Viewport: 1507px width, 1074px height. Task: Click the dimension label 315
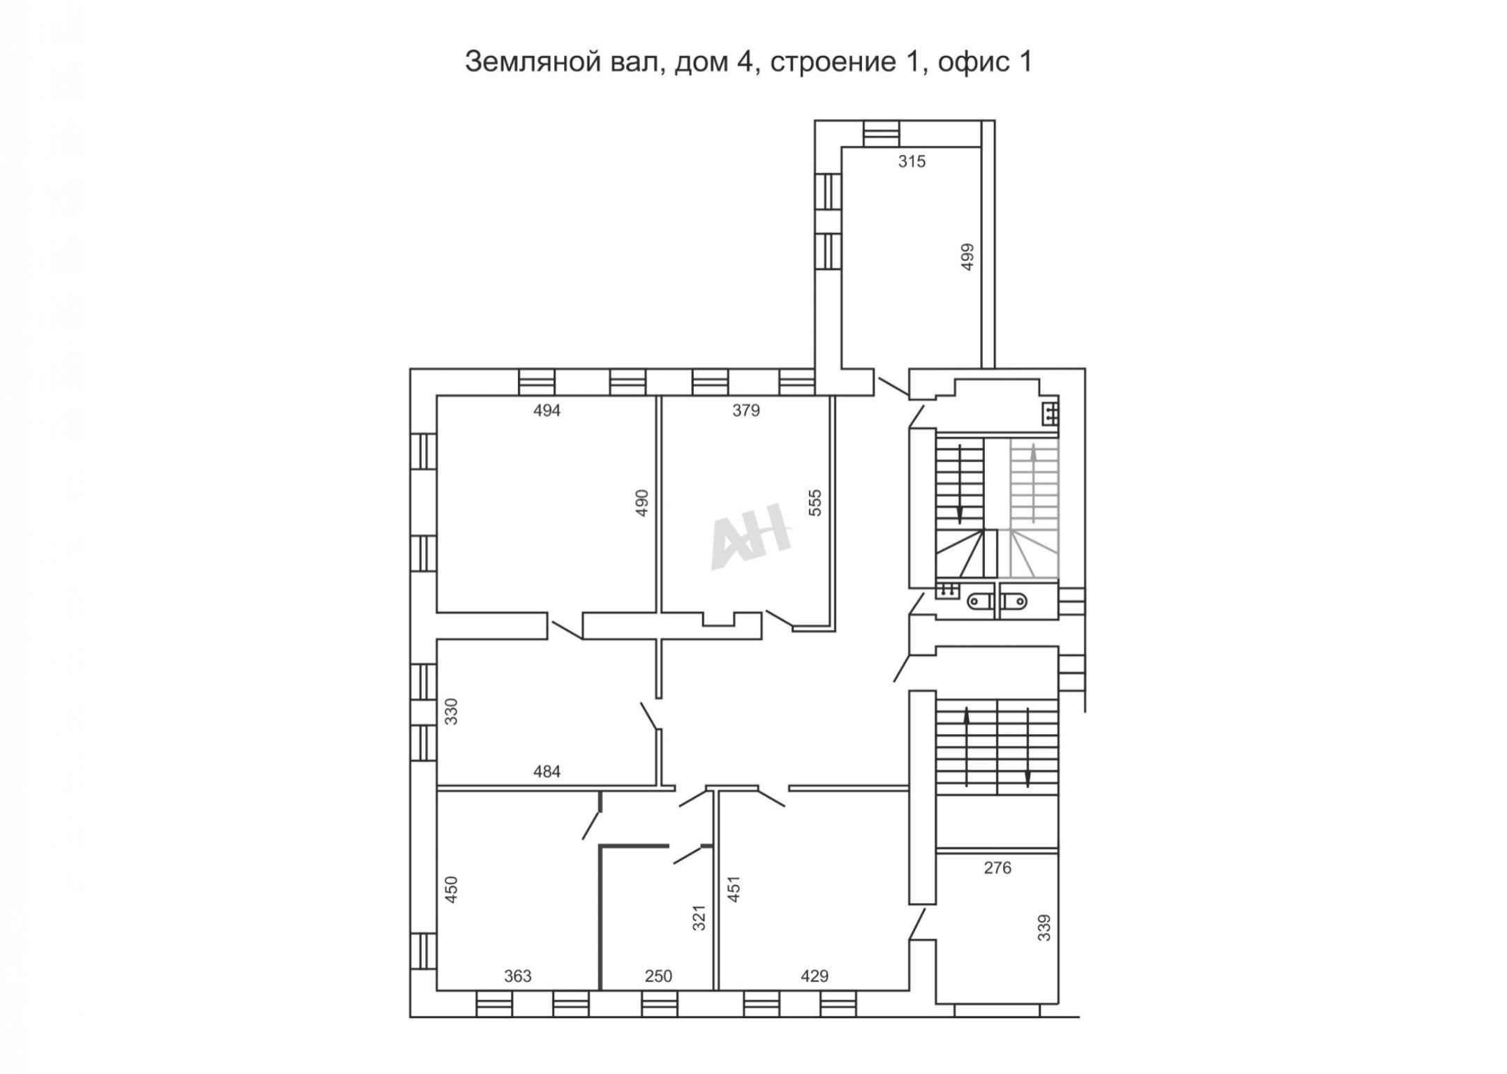coord(912,162)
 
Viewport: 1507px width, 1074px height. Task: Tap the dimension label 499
coord(967,257)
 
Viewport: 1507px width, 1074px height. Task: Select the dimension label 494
coord(547,411)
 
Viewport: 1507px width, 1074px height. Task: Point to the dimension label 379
coord(745,411)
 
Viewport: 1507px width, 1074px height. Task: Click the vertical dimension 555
coord(815,502)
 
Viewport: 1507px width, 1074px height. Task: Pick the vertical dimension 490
coord(641,502)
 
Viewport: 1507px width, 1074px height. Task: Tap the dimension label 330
coord(451,712)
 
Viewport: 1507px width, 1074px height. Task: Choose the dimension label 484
coord(547,772)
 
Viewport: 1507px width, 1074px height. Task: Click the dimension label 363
coord(518,976)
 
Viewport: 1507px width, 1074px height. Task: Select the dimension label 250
coord(658,976)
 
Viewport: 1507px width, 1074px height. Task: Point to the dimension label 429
coord(815,976)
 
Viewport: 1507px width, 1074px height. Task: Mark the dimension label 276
coord(997,868)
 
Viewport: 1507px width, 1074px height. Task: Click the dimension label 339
coord(1044,928)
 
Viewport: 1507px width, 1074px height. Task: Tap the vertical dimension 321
coord(699,918)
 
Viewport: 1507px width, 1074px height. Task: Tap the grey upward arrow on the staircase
coord(1034,482)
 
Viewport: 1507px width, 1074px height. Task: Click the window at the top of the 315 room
coord(881,133)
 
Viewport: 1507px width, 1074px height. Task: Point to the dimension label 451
coord(733,890)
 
